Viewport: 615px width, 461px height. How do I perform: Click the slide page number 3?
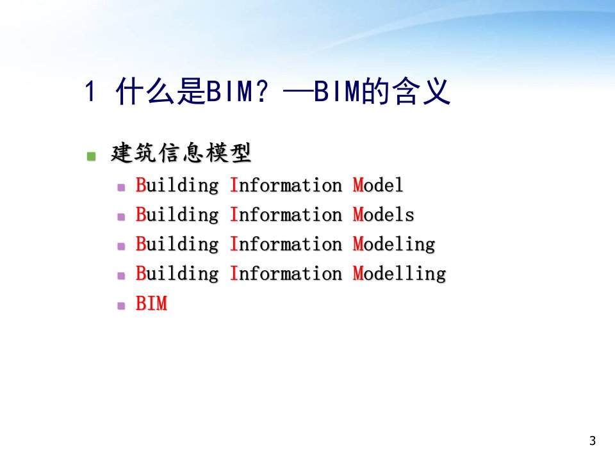pyautogui.click(x=592, y=441)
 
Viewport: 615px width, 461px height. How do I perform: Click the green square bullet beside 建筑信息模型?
pyautogui.click(x=92, y=156)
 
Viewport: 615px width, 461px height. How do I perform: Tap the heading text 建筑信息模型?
pyautogui.click(x=181, y=153)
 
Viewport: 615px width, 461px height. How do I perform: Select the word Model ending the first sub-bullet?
pyautogui.click(x=378, y=185)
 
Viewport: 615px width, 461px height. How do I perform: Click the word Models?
pyautogui.click(x=383, y=214)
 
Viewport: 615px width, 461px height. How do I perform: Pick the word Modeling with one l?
pyautogui.click(x=394, y=245)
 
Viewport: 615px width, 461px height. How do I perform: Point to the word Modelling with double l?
pyautogui.click(x=399, y=274)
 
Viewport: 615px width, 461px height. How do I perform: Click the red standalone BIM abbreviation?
pyautogui.click(x=151, y=303)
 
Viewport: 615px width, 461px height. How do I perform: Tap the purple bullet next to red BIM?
pyautogui.click(x=121, y=305)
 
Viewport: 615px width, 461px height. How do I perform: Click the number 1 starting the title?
pyautogui.click(x=90, y=92)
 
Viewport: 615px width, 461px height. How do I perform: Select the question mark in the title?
pyautogui.click(x=261, y=90)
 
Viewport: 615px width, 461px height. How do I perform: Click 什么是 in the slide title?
pyautogui.click(x=160, y=91)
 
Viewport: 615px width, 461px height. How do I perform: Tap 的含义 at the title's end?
pyautogui.click(x=406, y=91)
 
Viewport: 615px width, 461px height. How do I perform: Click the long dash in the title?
pyautogui.click(x=298, y=92)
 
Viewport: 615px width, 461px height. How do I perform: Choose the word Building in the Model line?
pyautogui.click(x=177, y=185)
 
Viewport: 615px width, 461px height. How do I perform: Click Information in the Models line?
pyautogui.click(x=286, y=214)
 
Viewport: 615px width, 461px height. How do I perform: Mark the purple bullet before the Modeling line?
pyautogui.click(x=121, y=246)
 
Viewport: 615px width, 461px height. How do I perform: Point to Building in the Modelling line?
pyautogui.click(x=177, y=273)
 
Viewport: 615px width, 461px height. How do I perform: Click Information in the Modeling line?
pyautogui.click(x=286, y=244)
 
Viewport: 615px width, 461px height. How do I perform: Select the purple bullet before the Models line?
pyautogui.click(x=121, y=217)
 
